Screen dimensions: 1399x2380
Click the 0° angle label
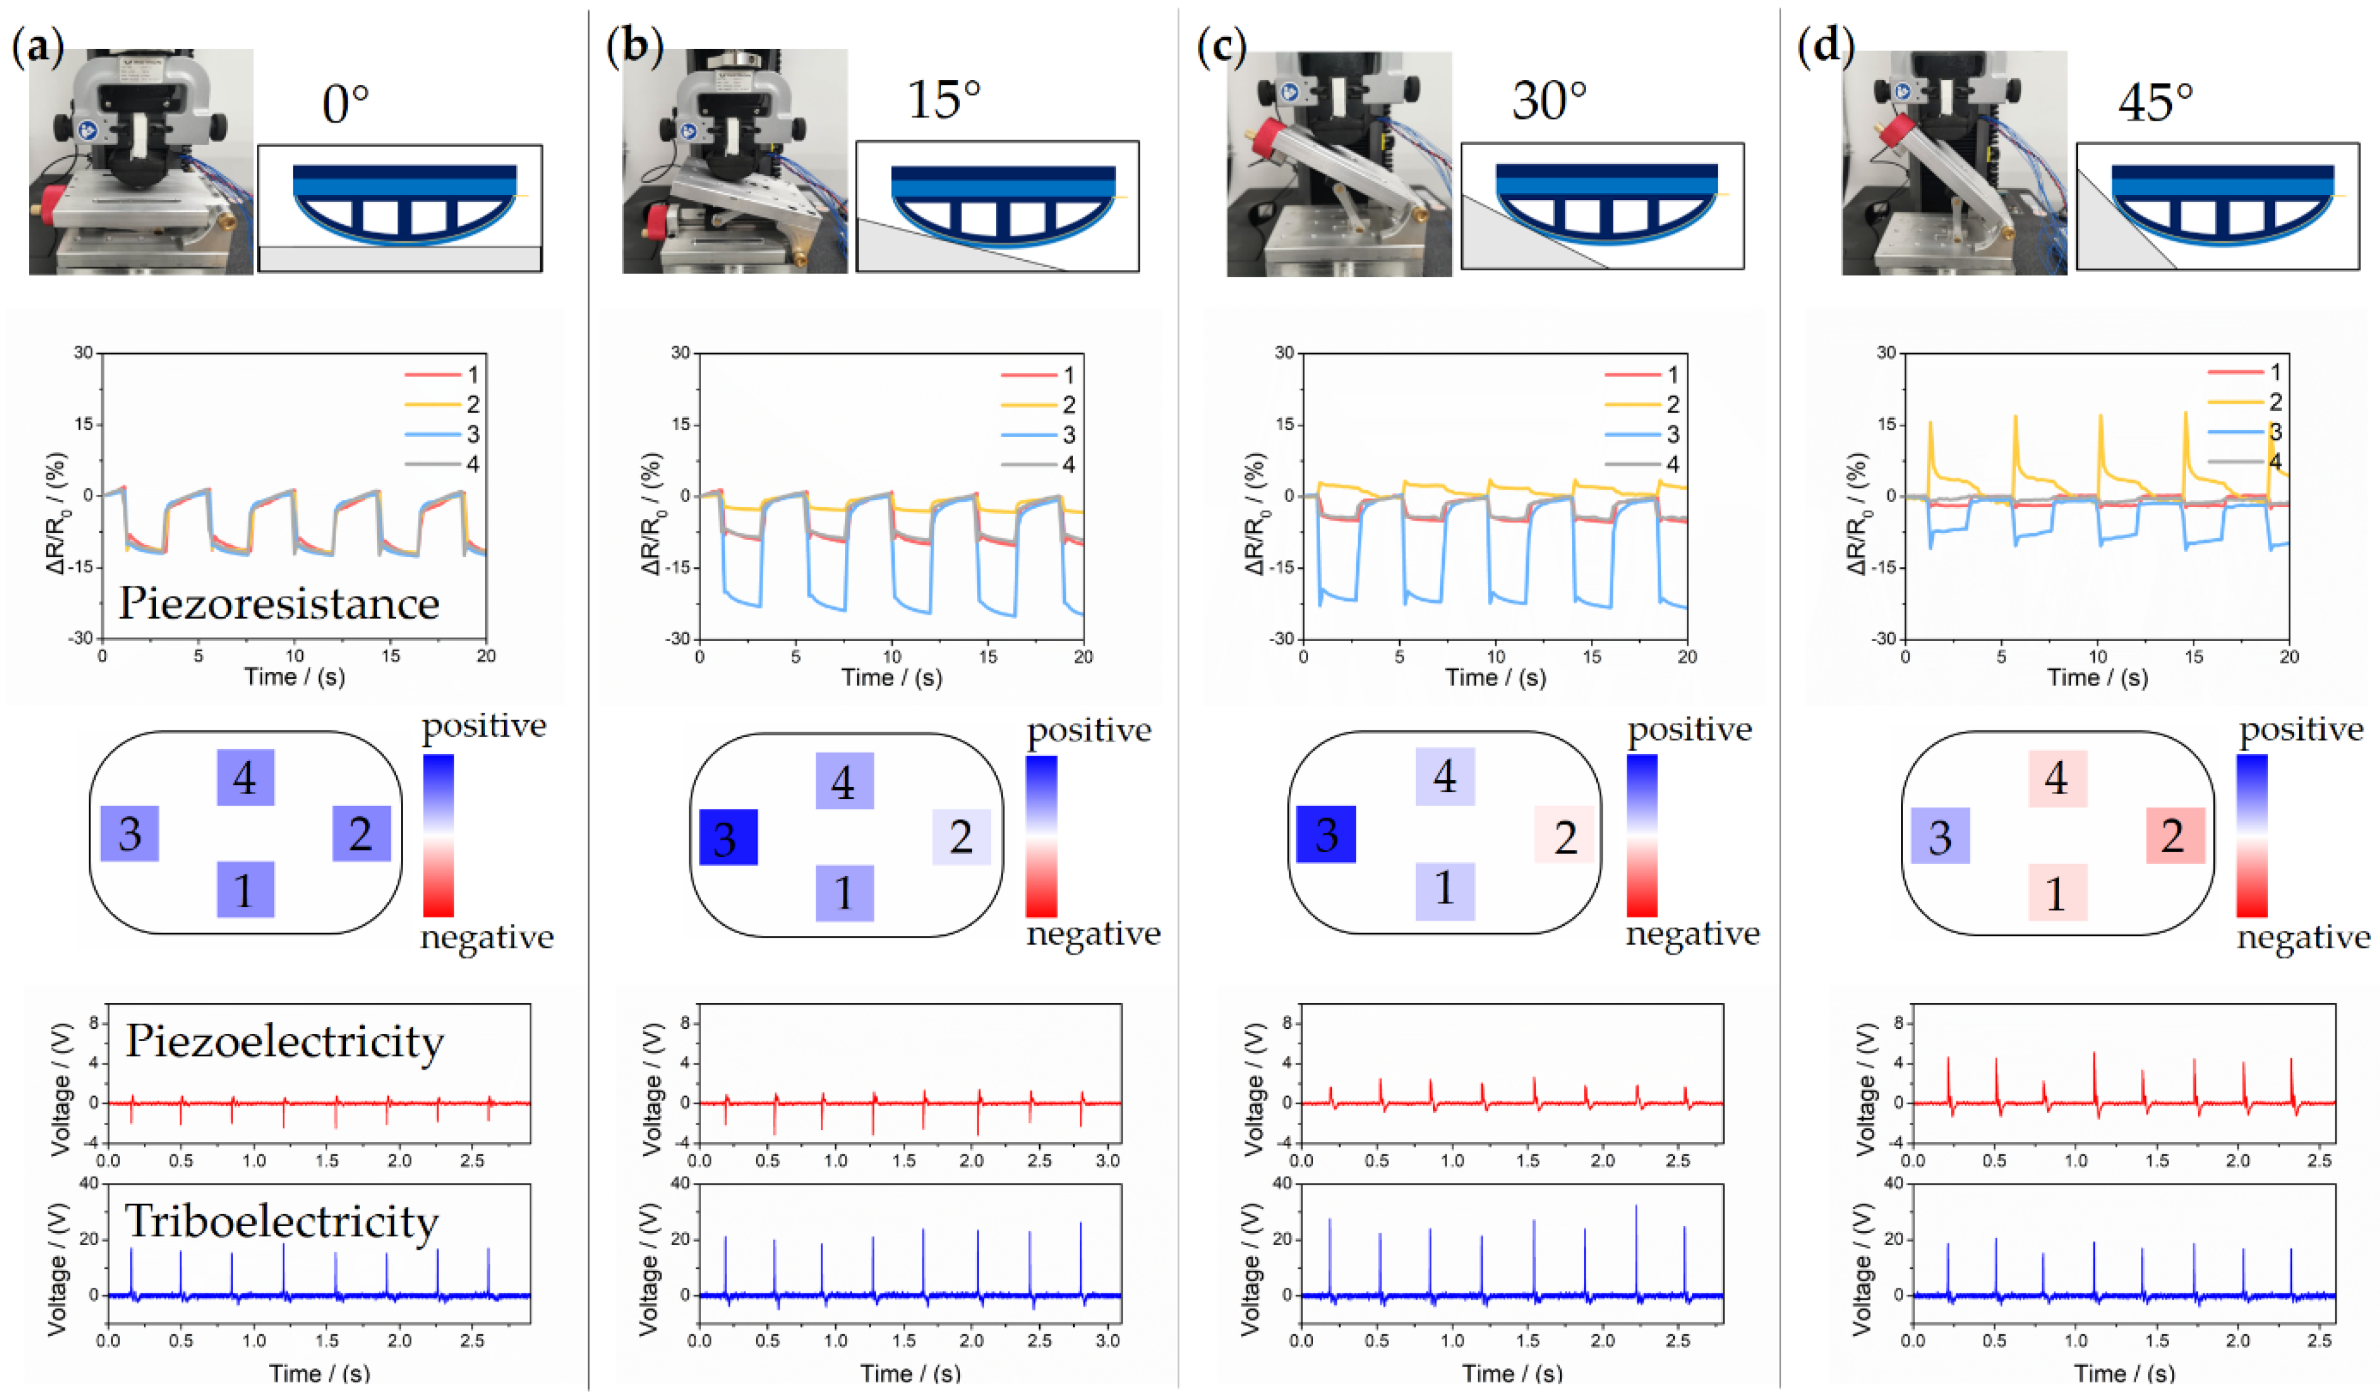pos(346,104)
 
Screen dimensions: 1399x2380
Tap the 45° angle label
pos(2154,102)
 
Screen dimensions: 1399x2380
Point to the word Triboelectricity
pos(281,1221)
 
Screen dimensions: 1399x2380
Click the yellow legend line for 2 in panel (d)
pos(2235,402)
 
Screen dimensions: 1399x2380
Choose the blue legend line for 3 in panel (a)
pos(432,434)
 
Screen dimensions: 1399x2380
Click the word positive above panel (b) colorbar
pos(1089,730)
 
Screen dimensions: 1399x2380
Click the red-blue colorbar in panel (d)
pos(2252,835)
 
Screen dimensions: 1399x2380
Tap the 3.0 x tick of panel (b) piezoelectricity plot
pos(1108,1160)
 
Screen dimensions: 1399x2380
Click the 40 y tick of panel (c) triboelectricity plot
pos(1282,1183)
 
